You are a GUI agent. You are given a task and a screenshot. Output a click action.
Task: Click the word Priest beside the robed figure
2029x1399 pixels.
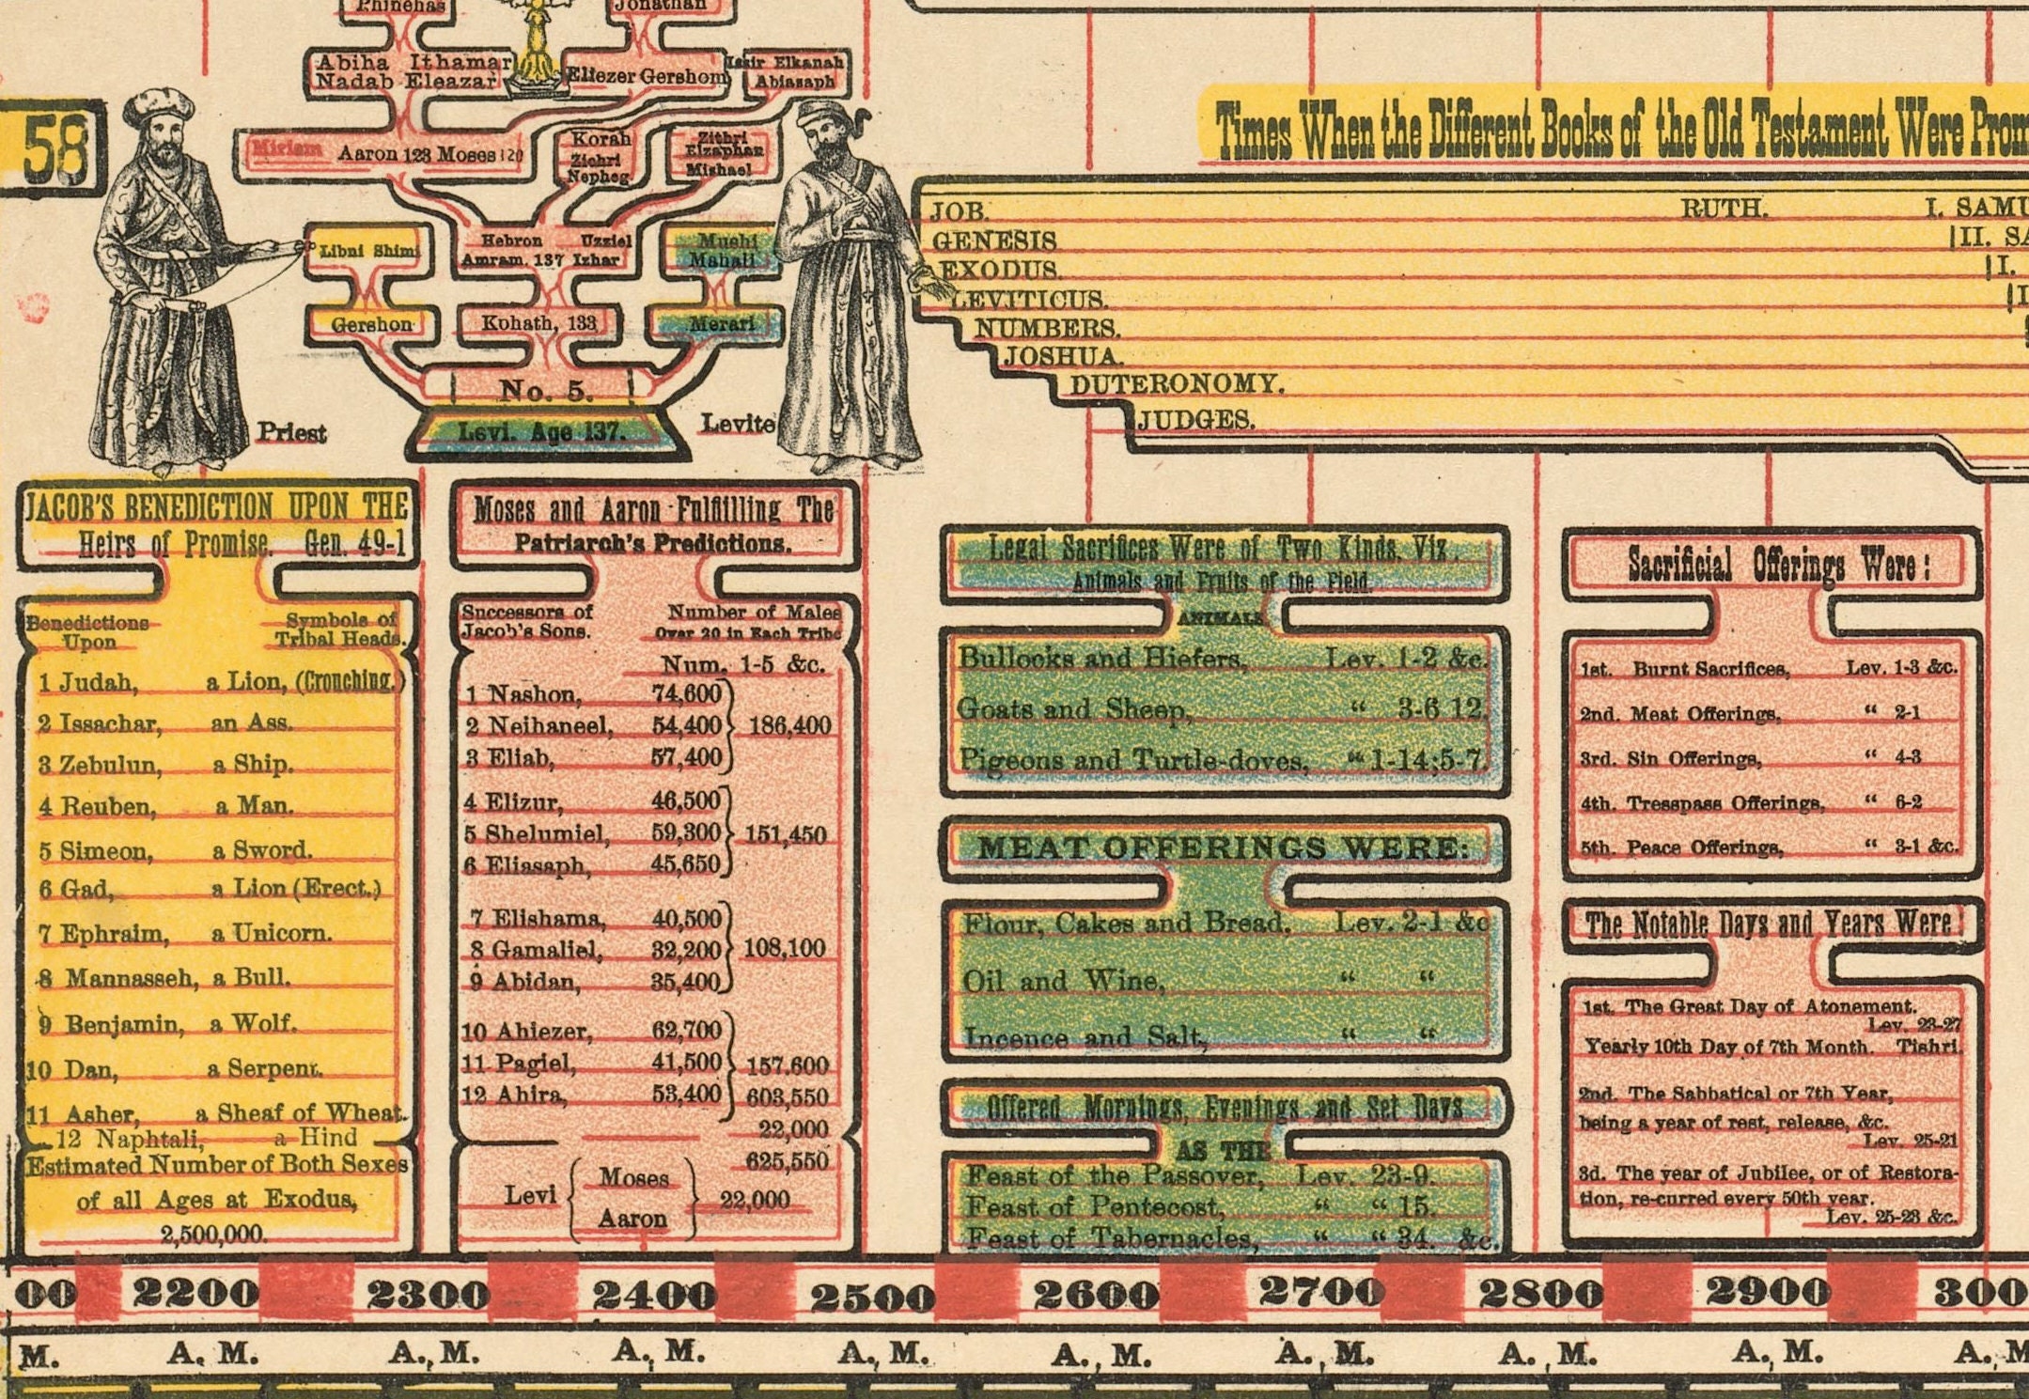click(x=291, y=432)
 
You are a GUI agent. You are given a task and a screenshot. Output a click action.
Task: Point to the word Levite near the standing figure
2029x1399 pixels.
click(x=739, y=424)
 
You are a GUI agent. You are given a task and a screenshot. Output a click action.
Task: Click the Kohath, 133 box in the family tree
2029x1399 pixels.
click(x=538, y=323)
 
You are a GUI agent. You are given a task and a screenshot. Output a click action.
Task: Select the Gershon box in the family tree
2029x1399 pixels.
click(x=371, y=324)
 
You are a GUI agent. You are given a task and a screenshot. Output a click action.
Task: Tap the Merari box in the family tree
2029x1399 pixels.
click(x=721, y=324)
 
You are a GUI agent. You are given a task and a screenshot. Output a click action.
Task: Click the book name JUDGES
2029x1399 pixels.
click(x=1196, y=420)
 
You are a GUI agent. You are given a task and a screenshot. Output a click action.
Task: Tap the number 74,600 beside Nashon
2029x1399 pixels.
click(x=686, y=693)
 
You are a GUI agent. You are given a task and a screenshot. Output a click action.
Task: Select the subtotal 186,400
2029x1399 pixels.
click(x=788, y=725)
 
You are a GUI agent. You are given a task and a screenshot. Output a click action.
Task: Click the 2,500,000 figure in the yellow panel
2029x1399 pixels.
click(x=214, y=1234)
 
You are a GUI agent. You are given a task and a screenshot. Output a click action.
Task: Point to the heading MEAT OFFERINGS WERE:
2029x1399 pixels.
click(x=1223, y=848)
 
